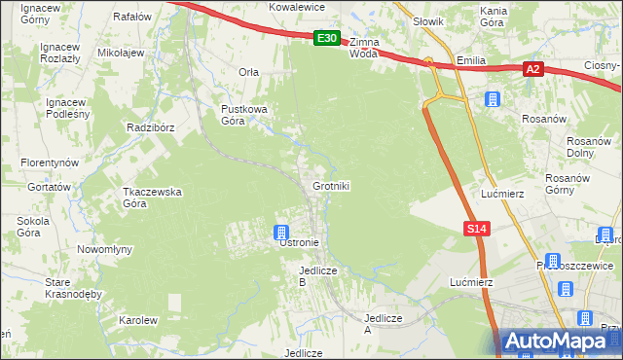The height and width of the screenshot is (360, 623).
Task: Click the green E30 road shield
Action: [327, 39]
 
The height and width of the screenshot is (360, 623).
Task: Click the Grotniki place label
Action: [331, 186]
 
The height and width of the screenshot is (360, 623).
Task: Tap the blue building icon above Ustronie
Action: [280, 232]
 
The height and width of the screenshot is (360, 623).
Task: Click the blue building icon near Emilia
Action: [493, 99]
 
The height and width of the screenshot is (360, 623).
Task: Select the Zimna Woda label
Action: [363, 49]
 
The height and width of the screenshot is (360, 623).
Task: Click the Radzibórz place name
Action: [149, 127]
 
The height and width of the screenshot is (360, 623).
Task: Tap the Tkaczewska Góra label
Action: [152, 198]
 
